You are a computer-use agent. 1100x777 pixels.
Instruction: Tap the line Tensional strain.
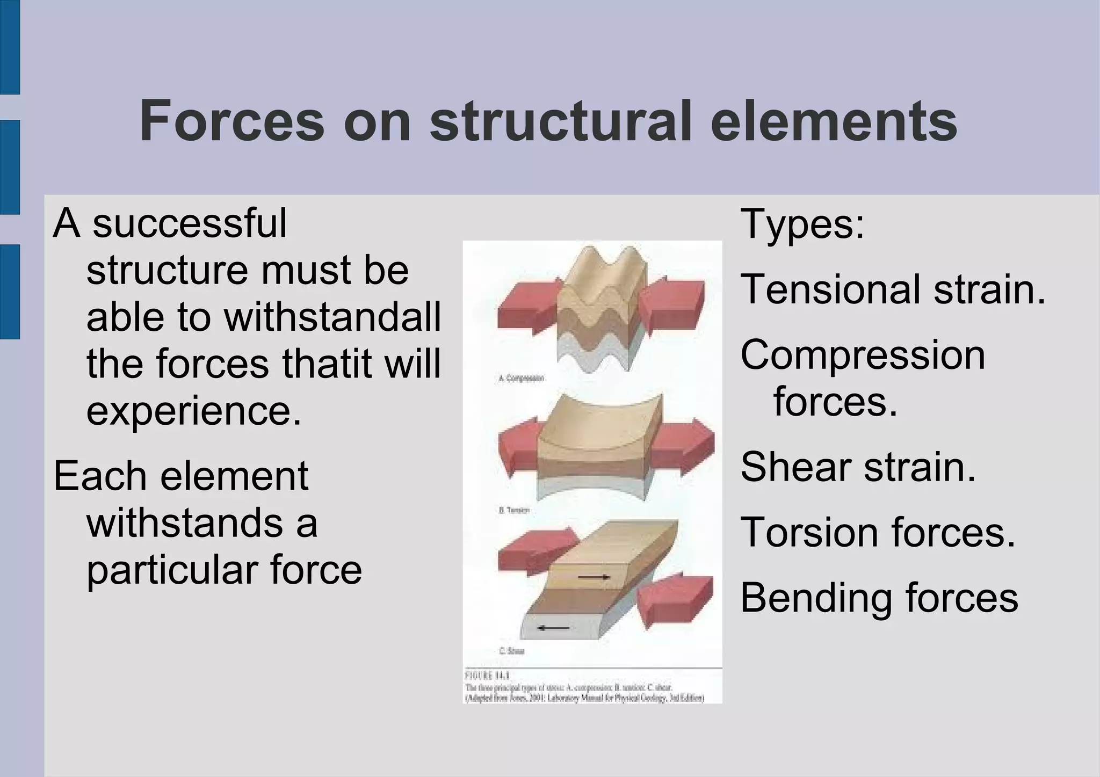point(893,289)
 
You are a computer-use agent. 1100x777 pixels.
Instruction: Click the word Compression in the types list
point(863,355)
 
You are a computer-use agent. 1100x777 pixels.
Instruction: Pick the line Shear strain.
point(858,467)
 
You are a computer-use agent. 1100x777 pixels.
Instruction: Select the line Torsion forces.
point(878,532)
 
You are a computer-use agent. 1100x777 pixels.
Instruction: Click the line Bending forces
point(879,598)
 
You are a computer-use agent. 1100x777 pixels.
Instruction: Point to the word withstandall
point(332,317)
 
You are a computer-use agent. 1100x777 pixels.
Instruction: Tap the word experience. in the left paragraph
point(194,411)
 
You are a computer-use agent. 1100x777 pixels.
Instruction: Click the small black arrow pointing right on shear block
point(594,577)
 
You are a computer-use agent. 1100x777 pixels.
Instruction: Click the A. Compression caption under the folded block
point(521,379)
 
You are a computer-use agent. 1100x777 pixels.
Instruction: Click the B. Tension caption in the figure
point(514,510)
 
